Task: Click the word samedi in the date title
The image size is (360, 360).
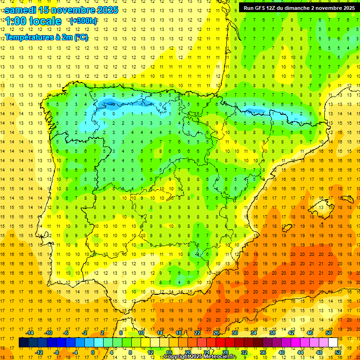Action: point(21,9)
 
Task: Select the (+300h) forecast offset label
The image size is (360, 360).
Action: point(83,21)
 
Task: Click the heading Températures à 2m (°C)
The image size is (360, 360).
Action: point(46,37)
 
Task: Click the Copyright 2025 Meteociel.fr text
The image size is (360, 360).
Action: point(200,357)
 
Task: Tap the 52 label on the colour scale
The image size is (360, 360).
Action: point(338,352)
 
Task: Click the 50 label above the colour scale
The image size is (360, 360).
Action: point(329,333)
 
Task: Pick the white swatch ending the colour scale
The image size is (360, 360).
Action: point(333,343)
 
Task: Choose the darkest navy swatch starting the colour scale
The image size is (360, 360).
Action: point(23,343)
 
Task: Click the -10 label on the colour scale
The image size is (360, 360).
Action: point(48,333)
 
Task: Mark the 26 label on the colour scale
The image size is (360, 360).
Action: point(216,333)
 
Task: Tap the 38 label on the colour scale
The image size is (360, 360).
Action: point(272,333)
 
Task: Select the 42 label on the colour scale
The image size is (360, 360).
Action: point(291,333)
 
